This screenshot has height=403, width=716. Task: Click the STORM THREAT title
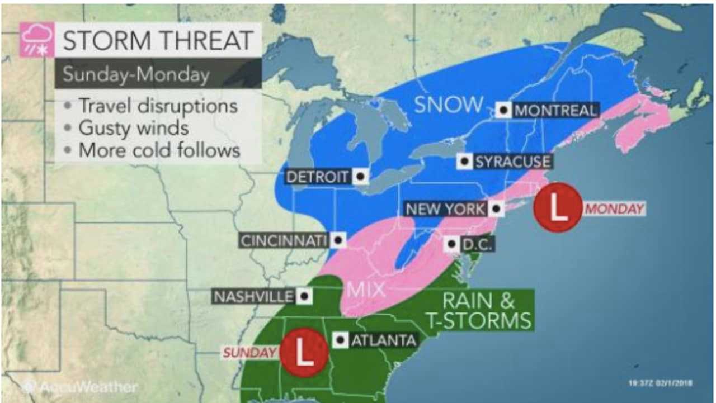pyautogui.click(x=158, y=40)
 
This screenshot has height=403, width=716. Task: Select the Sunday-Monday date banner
pyautogui.click(x=136, y=74)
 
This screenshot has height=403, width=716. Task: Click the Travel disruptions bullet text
pyautogui.click(x=158, y=106)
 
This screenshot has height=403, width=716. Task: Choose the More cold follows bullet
pyautogui.click(x=159, y=150)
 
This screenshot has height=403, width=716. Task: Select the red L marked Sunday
pyautogui.click(x=303, y=352)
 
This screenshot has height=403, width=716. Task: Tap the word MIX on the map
pyautogui.click(x=366, y=290)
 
